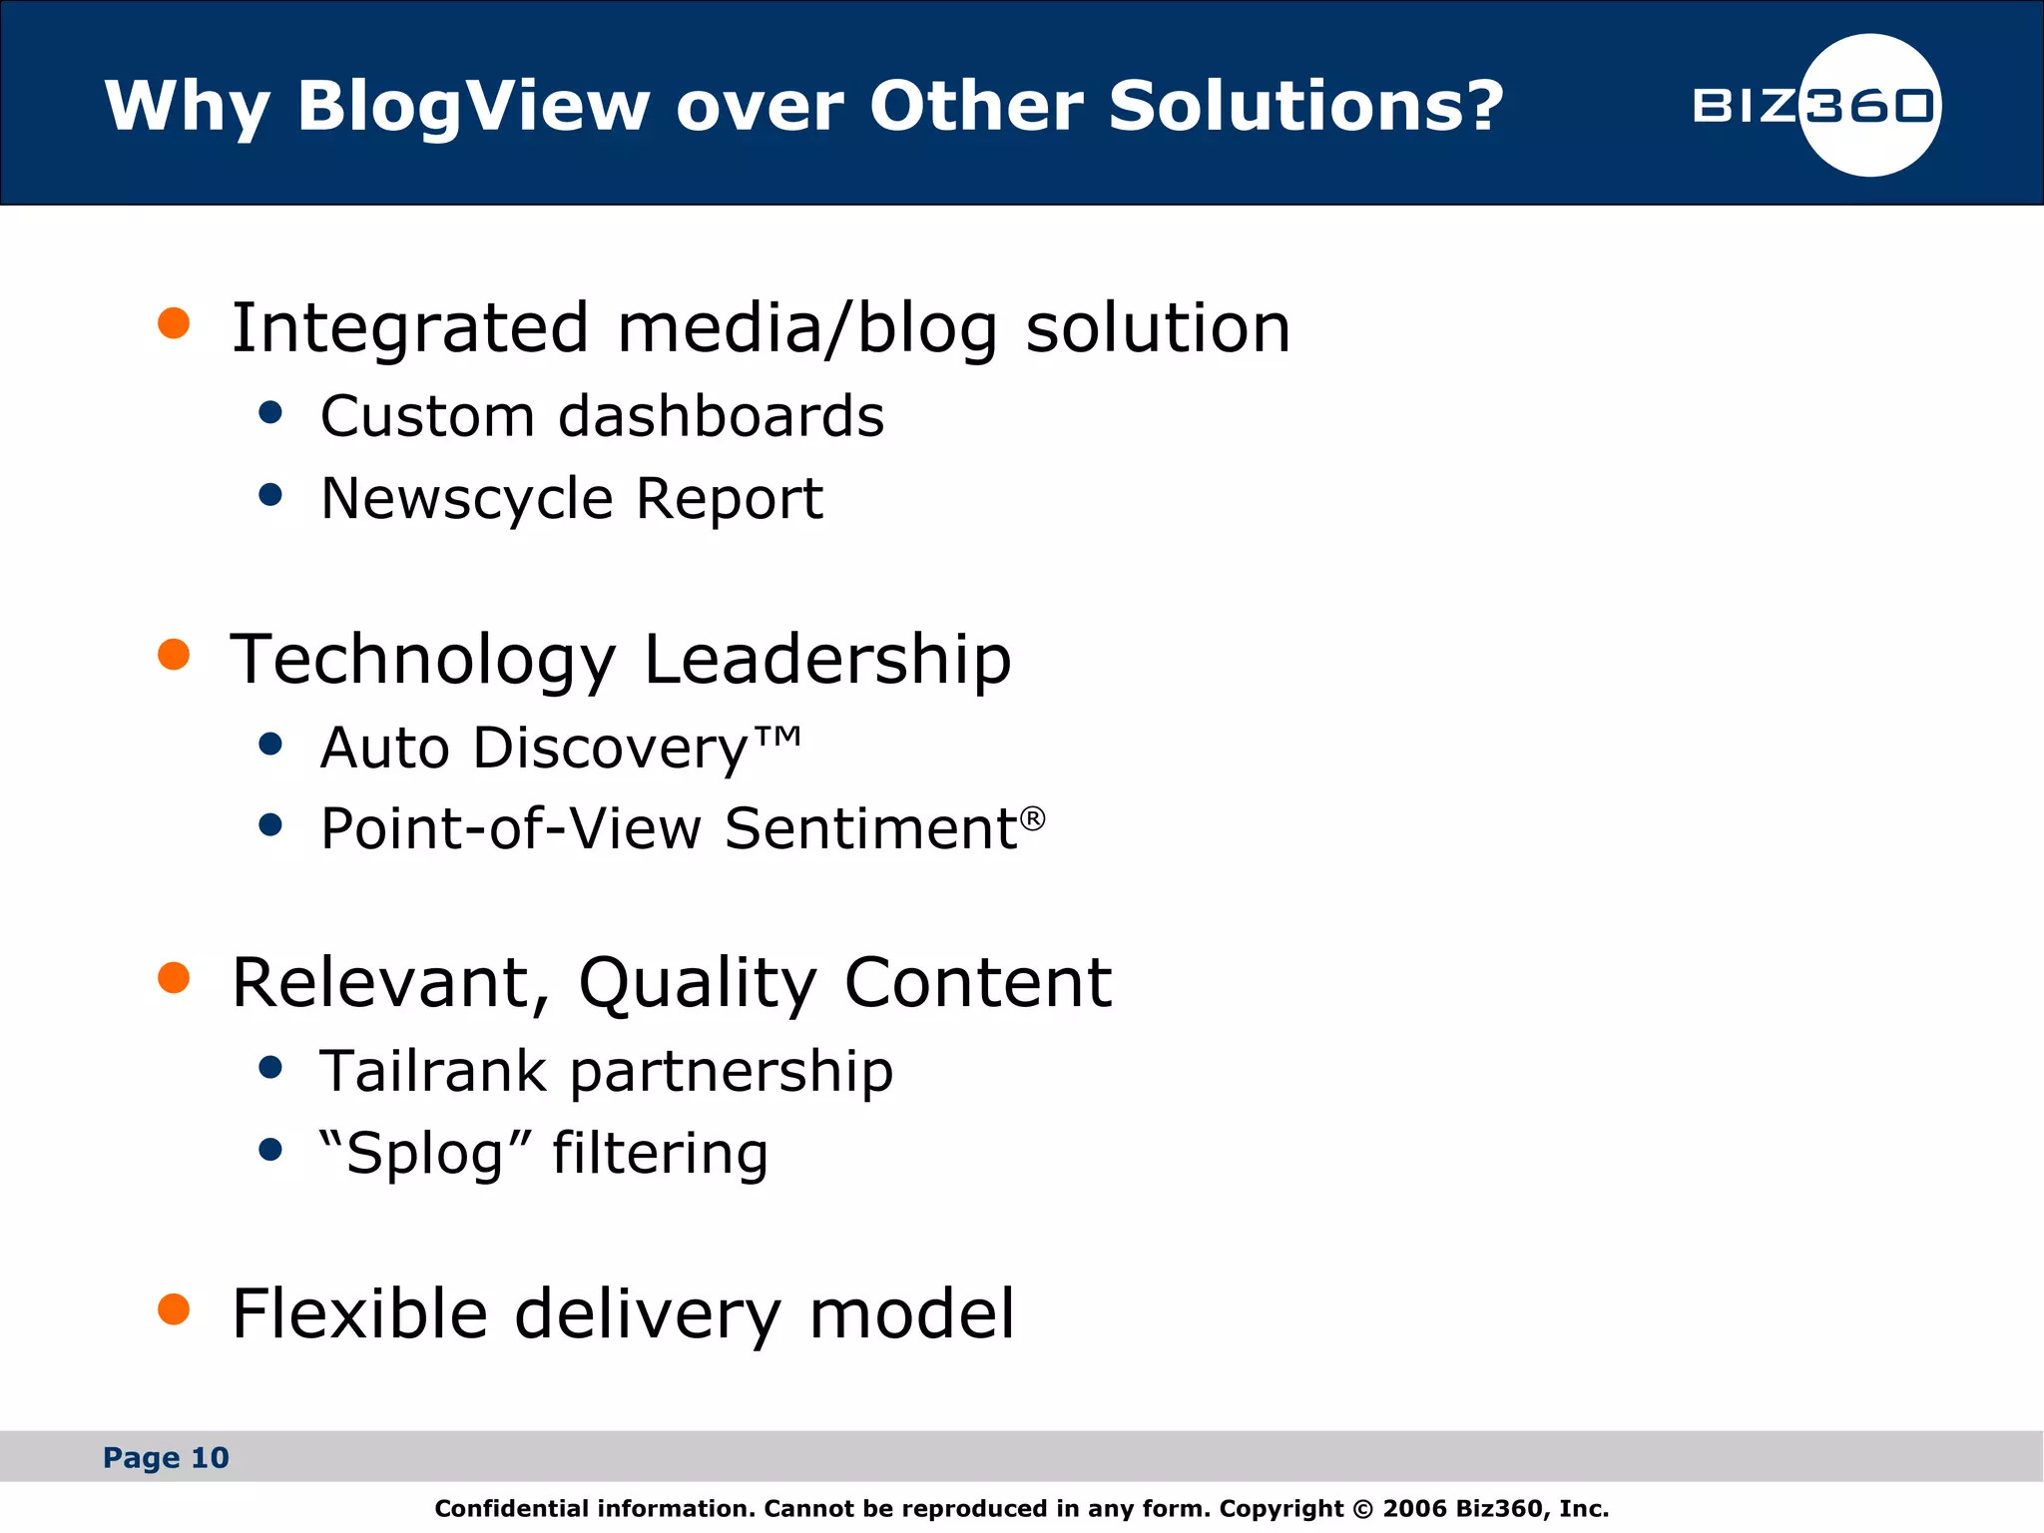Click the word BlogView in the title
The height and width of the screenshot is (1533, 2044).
coord(473,106)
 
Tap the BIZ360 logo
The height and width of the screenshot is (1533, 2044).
coord(1816,106)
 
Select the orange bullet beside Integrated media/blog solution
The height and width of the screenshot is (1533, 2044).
coord(174,323)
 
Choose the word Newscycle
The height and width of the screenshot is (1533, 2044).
coord(465,499)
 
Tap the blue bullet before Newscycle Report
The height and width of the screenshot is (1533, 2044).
coord(269,494)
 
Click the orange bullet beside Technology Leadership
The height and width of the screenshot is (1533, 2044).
coord(174,655)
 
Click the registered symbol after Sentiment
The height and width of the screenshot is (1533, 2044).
coord(1033,818)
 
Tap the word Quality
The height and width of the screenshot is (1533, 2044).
coord(698,983)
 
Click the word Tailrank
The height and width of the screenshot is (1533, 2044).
coord(432,1071)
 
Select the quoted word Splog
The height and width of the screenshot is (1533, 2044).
coord(423,1154)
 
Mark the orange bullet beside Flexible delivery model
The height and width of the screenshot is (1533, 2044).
coord(174,1309)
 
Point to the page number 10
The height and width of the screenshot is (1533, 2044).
coord(210,1458)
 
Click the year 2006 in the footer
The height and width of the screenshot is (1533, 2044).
coord(1414,1508)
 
